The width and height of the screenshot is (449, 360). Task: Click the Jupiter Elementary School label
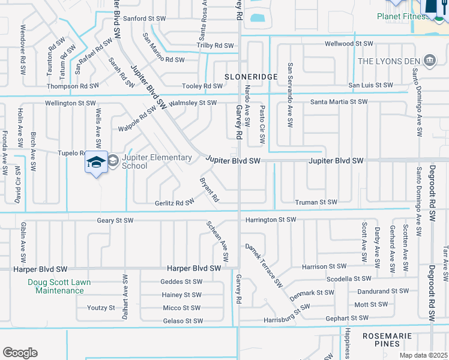157,161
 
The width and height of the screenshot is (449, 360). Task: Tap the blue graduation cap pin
96,163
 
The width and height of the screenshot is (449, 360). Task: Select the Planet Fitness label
404,16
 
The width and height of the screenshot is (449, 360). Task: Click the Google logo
20,353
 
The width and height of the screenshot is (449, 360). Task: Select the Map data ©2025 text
423,355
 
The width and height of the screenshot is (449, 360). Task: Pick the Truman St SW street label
316,202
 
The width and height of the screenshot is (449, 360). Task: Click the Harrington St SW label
270,220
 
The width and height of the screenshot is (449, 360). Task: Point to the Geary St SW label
115,220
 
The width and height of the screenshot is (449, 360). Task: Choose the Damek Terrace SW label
263,265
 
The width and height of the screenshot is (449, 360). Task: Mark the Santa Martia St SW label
339,102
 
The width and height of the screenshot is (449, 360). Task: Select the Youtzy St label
101,308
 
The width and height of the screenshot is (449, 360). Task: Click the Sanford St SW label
145,19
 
